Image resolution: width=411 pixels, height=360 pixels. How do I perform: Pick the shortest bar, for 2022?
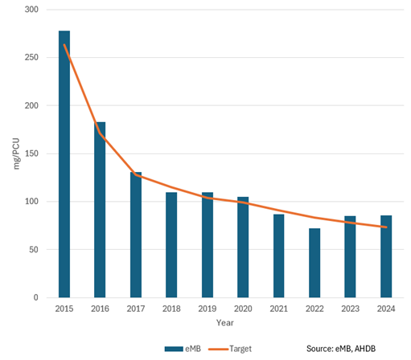pyautogui.click(x=314, y=263)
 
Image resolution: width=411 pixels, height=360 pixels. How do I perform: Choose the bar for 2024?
pyautogui.click(x=386, y=256)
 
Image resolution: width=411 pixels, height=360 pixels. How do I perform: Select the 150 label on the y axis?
pyautogui.click(x=32, y=153)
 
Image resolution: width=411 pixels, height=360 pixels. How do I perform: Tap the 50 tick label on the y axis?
pyautogui.click(x=35, y=250)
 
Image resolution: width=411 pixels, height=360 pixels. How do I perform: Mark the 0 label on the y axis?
pyautogui.click(x=37, y=298)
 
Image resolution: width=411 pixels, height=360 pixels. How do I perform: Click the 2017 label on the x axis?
pyautogui.click(x=136, y=309)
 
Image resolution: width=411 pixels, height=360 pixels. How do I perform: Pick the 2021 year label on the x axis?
pyautogui.click(x=279, y=309)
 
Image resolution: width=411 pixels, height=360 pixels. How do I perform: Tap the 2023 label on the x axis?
pyautogui.click(x=351, y=309)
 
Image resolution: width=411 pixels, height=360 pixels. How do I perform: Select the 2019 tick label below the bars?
pyautogui.click(x=208, y=309)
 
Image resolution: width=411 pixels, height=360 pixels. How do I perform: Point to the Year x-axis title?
pyautogui.click(x=225, y=322)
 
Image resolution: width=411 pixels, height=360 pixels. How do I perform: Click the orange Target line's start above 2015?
pyautogui.click(x=64, y=45)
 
